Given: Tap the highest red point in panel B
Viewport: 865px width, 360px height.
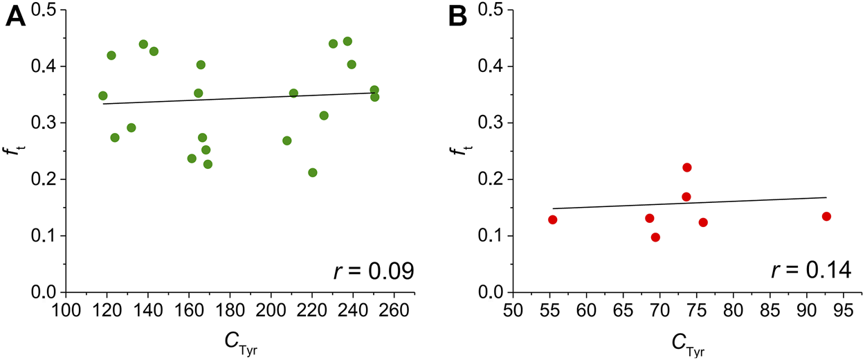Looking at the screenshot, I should [x=687, y=168].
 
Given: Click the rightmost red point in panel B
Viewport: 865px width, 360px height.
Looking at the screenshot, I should [x=826, y=217].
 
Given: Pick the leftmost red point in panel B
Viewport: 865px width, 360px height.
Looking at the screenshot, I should [x=552, y=219].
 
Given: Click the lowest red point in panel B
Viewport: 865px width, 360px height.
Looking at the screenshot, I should [x=655, y=237].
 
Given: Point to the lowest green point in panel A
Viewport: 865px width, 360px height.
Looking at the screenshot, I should [x=313, y=172].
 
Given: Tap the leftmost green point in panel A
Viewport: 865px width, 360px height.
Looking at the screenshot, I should [x=103, y=96].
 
